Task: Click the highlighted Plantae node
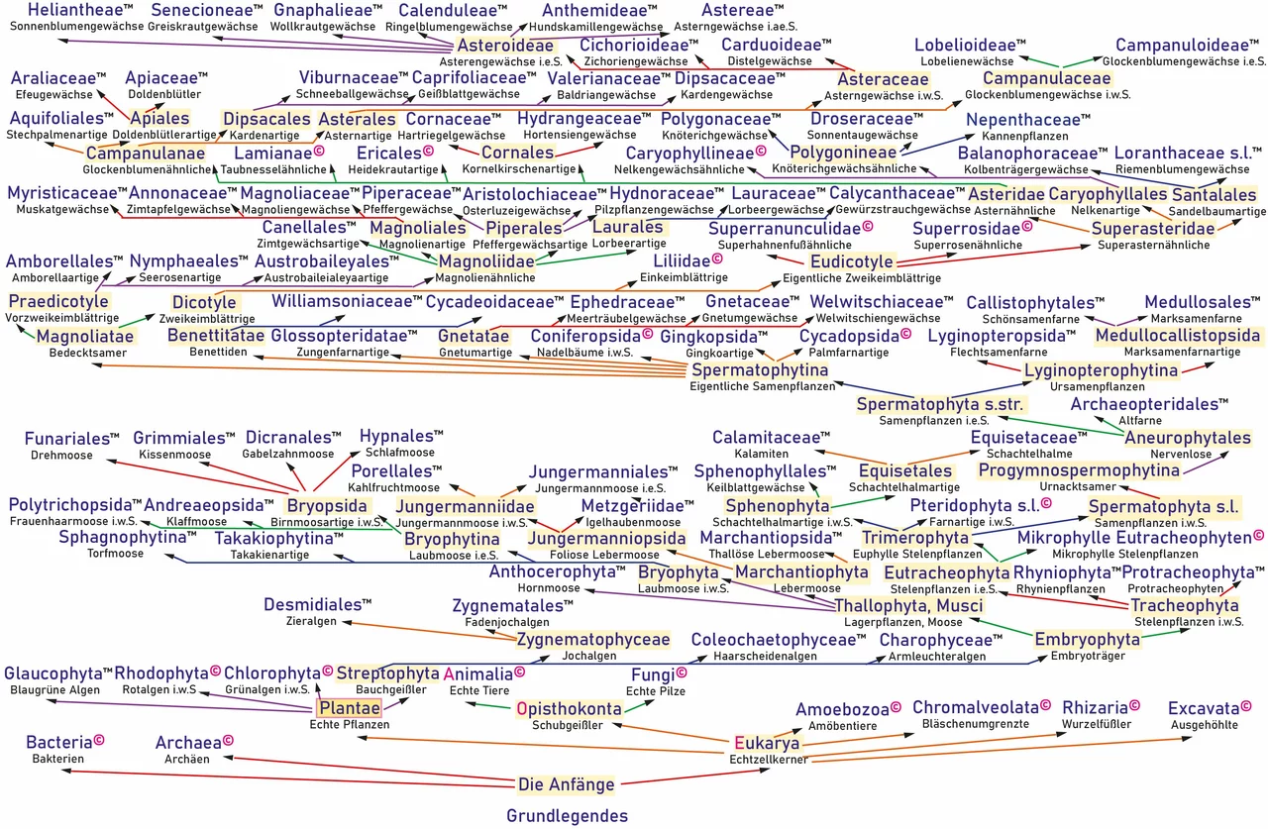(x=348, y=708)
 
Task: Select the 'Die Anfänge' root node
(x=566, y=784)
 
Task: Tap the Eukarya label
(x=767, y=743)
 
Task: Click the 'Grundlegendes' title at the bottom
(x=567, y=816)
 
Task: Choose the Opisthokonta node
(x=570, y=708)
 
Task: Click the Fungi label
(x=653, y=675)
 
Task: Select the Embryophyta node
(x=1087, y=640)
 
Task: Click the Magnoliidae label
(x=486, y=260)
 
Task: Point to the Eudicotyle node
(x=852, y=261)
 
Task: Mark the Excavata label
(x=1204, y=708)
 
